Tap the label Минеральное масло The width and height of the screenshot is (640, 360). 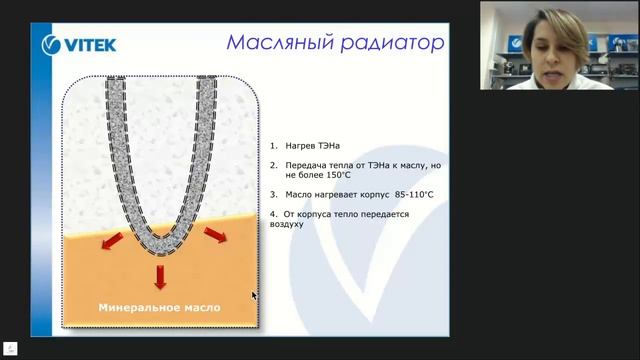point(159,307)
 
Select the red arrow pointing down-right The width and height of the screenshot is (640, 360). point(214,235)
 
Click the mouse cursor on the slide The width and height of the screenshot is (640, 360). point(253,295)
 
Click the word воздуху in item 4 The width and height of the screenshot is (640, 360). point(286,224)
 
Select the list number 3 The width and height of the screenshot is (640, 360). point(273,194)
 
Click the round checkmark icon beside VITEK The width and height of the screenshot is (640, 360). point(54,44)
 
